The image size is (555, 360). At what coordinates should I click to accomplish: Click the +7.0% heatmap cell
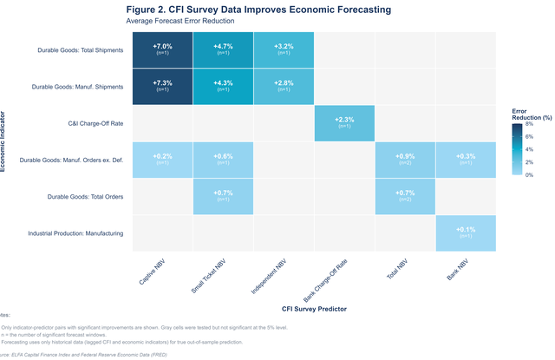pyautogui.click(x=162, y=50)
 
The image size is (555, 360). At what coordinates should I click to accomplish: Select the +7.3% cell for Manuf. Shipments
pyautogui.click(x=162, y=87)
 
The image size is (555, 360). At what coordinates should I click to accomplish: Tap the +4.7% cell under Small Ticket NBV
pyautogui.click(x=223, y=50)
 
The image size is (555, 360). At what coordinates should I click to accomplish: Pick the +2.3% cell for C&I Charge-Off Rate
pyautogui.click(x=344, y=123)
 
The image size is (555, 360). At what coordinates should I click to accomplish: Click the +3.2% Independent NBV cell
pyautogui.click(x=284, y=50)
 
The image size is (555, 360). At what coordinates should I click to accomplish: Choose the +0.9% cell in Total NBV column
pyautogui.click(x=405, y=160)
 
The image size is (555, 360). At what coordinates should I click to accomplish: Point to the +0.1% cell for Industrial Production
pyautogui.click(x=466, y=232)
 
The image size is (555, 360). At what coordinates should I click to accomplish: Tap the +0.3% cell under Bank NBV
pyautogui.click(x=466, y=160)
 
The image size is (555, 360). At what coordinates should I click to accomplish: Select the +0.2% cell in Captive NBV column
pyautogui.click(x=162, y=160)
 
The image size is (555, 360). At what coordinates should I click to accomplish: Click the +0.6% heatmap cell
pyautogui.click(x=223, y=160)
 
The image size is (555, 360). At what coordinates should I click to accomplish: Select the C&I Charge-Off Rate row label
pyautogui.click(x=95, y=123)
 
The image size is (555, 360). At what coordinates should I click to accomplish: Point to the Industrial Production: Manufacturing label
pyautogui.click(x=75, y=232)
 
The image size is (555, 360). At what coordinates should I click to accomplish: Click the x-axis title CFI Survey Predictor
pyautogui.click(x=314, y=307)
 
